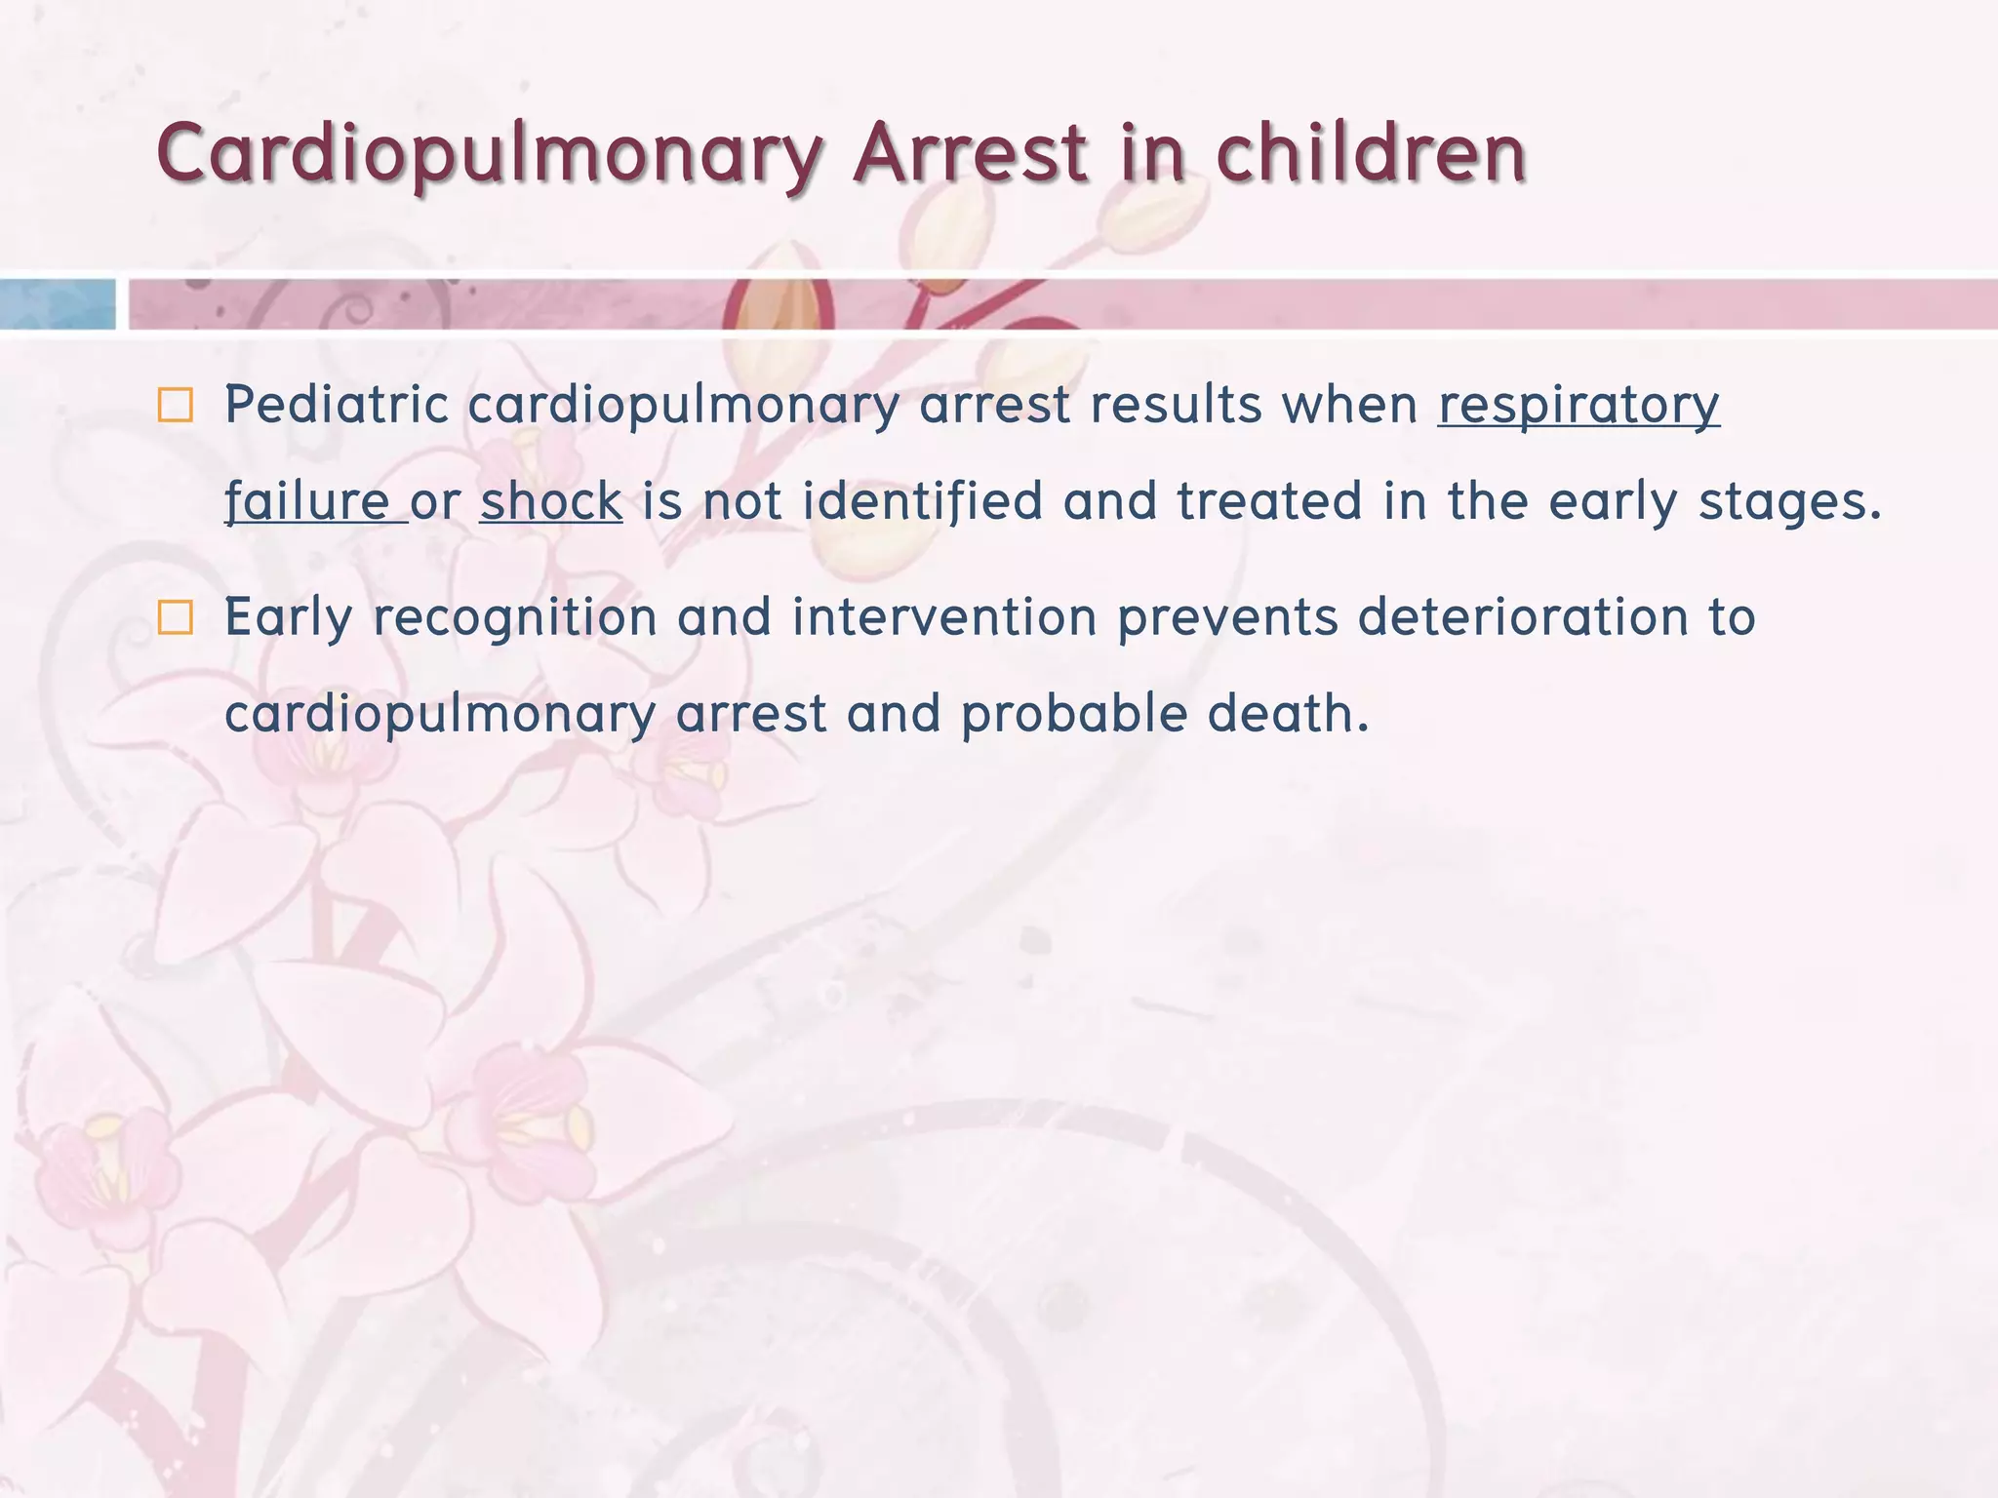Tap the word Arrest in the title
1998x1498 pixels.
click(970, 154)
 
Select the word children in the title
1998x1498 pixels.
click(1371, 154)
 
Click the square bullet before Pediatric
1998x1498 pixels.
click(176, 405)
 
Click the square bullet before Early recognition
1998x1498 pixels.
click(176, 617)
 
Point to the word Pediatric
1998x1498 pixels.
click(337, 405)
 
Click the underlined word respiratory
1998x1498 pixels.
click(1578, 405)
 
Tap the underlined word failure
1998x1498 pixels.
click(307, 501)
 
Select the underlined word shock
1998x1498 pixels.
click(551, 501)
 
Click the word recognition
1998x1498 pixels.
click(515, 618)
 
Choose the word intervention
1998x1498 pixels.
click(944, 617)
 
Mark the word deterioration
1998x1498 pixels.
click(1523, 617)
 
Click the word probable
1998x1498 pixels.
click(1074, 715)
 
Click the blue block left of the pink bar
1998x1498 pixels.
click(57, 304)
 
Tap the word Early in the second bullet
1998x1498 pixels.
click(289, 618)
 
